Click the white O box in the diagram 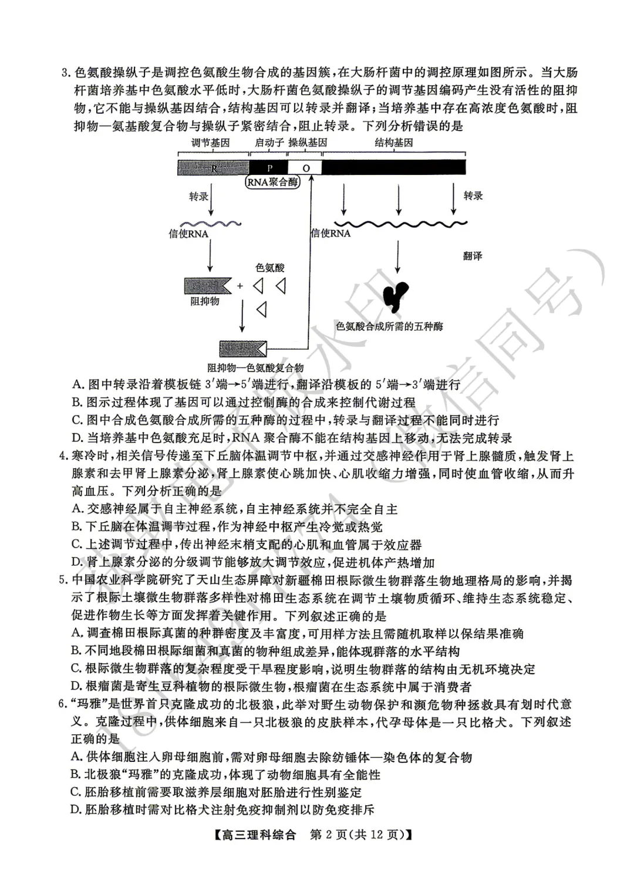point(305,168)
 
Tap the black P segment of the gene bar point(269,168)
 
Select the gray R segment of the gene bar point(214,168)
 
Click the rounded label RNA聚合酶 point(272,182)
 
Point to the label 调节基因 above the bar point(210,143)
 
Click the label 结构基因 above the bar point(394,143)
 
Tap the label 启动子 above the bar point(269,143)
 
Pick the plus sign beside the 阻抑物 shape point(240,286)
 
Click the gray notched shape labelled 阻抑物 point(207,286)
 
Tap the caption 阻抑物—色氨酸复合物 point(255,368)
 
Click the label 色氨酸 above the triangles point(270,268)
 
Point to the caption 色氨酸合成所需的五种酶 point(389,326)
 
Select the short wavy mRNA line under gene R point(210,224)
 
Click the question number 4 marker point(65,457)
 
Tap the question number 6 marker point(65,705)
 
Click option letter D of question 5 point(76,687)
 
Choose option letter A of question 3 point(77,385)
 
